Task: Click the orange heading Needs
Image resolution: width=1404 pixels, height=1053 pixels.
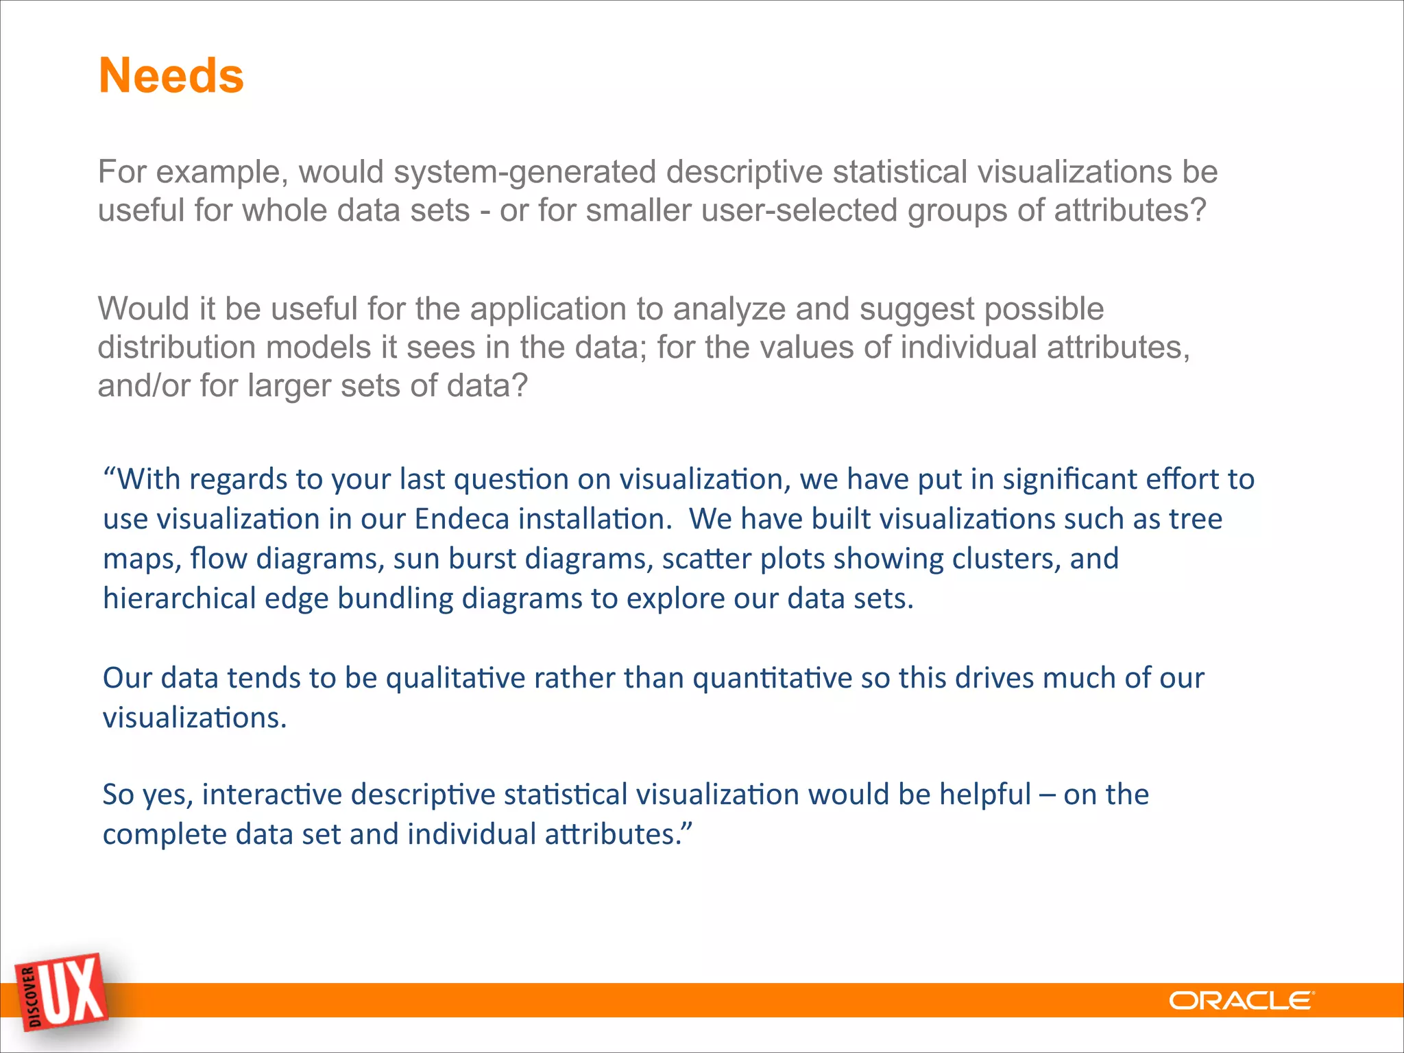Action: tap(171, 75)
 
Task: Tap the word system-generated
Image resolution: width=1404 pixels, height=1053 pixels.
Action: tap(524, 171)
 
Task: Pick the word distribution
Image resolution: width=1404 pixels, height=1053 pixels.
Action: tap(176, 347)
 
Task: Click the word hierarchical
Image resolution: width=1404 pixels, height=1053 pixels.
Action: tap(179, 598)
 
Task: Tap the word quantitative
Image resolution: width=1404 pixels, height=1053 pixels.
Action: tap(772, 678)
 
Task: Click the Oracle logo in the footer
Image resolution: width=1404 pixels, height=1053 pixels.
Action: tap(1241, 1001)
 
